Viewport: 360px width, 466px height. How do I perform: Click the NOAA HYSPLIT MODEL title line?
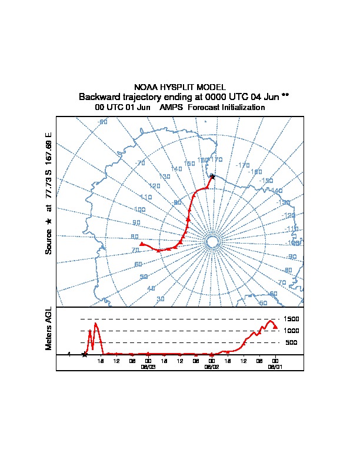coord(179,87)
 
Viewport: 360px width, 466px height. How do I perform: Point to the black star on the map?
coord(212,177)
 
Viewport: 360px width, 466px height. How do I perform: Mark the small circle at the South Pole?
coord(212,242)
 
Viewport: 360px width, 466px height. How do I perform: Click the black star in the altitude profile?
coord(85,354)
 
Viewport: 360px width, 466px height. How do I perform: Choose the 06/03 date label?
coord(148,366)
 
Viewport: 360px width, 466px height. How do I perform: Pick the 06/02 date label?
coord(211,366)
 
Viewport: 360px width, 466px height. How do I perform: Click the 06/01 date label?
coord(275,366)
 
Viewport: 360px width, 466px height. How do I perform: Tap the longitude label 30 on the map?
coord(160,299)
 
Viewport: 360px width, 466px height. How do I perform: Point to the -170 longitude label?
coord(242,165)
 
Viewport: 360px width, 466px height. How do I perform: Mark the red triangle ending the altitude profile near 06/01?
coord(275,327)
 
